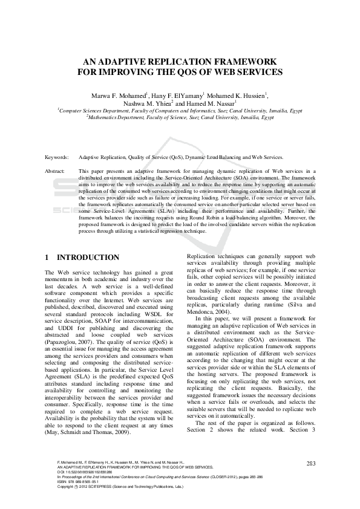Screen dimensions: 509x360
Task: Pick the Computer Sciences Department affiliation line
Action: click(180, 111)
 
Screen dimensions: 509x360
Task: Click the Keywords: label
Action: click(57, 157)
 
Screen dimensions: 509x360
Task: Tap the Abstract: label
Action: click(55, 172)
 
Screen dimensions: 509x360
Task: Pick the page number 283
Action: click(312, 463)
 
